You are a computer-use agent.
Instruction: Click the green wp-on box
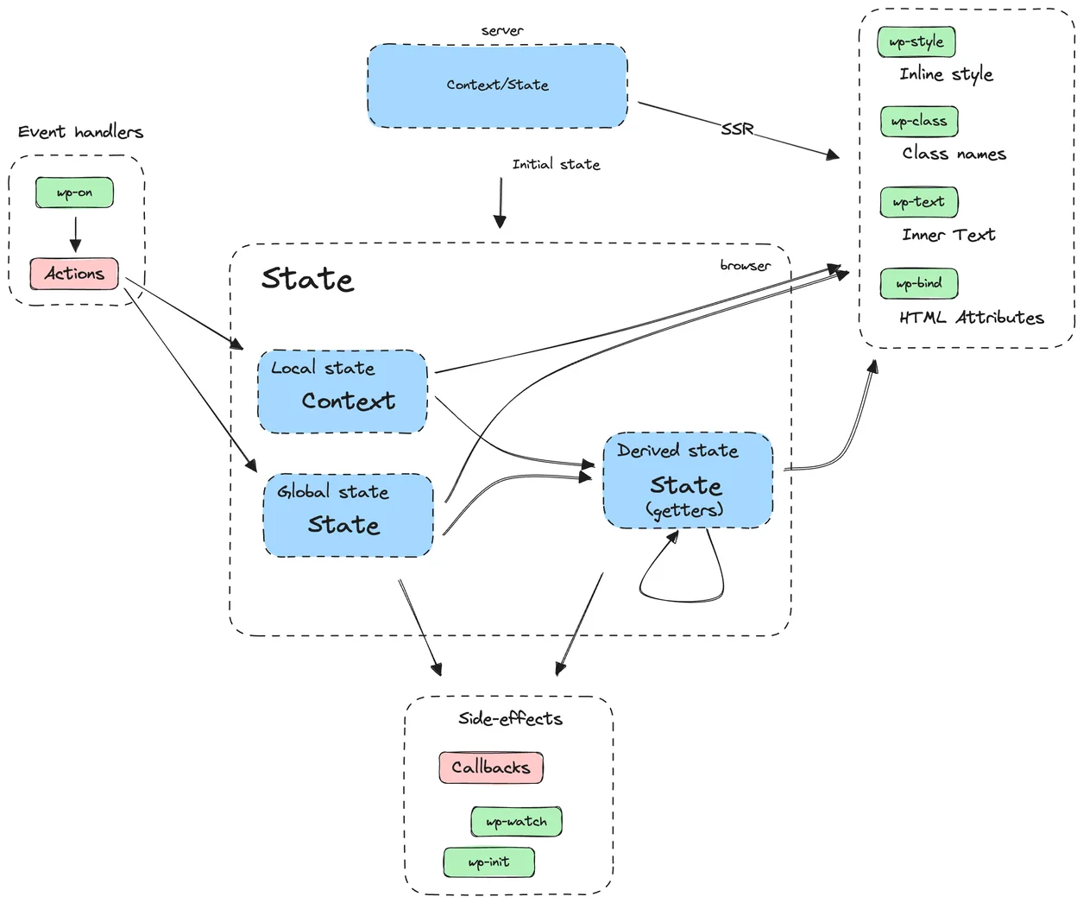click(74, 193)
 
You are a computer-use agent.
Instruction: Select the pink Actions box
click(74, 274)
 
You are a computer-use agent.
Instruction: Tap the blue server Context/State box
click(497, 85)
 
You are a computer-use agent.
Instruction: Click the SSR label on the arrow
click(737, 129)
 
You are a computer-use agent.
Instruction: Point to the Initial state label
click(556, 164)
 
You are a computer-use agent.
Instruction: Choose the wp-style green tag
click(916, 41)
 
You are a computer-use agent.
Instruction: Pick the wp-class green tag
click(919, 122)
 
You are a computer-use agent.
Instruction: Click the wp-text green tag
click(919, 202)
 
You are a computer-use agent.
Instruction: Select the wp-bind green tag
click(919, 283)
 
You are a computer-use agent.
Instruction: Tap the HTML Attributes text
click(971, 318)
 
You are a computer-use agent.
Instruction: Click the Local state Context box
click(343, 391)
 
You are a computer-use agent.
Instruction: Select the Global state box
click(348, 515)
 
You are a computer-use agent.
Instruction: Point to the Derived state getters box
click(688, 480)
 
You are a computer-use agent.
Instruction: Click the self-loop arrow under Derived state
click(682, 596)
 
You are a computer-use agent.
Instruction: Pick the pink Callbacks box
click(490, 767)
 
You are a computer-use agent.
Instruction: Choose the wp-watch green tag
click(516, 822)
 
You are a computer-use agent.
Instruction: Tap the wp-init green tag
click(488, 862)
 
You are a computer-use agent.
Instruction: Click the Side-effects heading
click(510, 718)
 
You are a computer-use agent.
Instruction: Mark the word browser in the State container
click(745, 265)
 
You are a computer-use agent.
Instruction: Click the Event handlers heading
click(80, 132)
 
